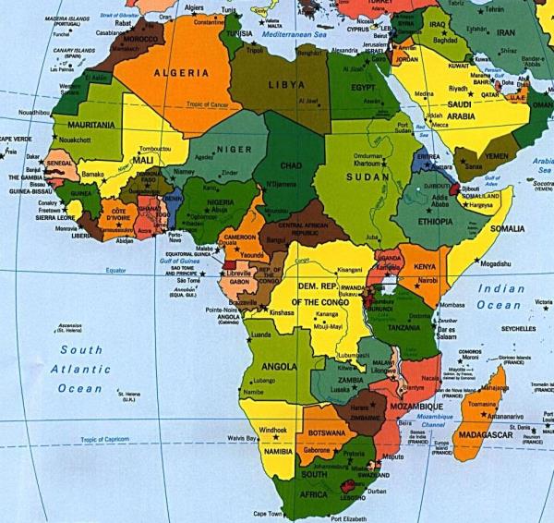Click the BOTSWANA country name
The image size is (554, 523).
[328, 432]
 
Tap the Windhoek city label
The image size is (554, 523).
[275, 430]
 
